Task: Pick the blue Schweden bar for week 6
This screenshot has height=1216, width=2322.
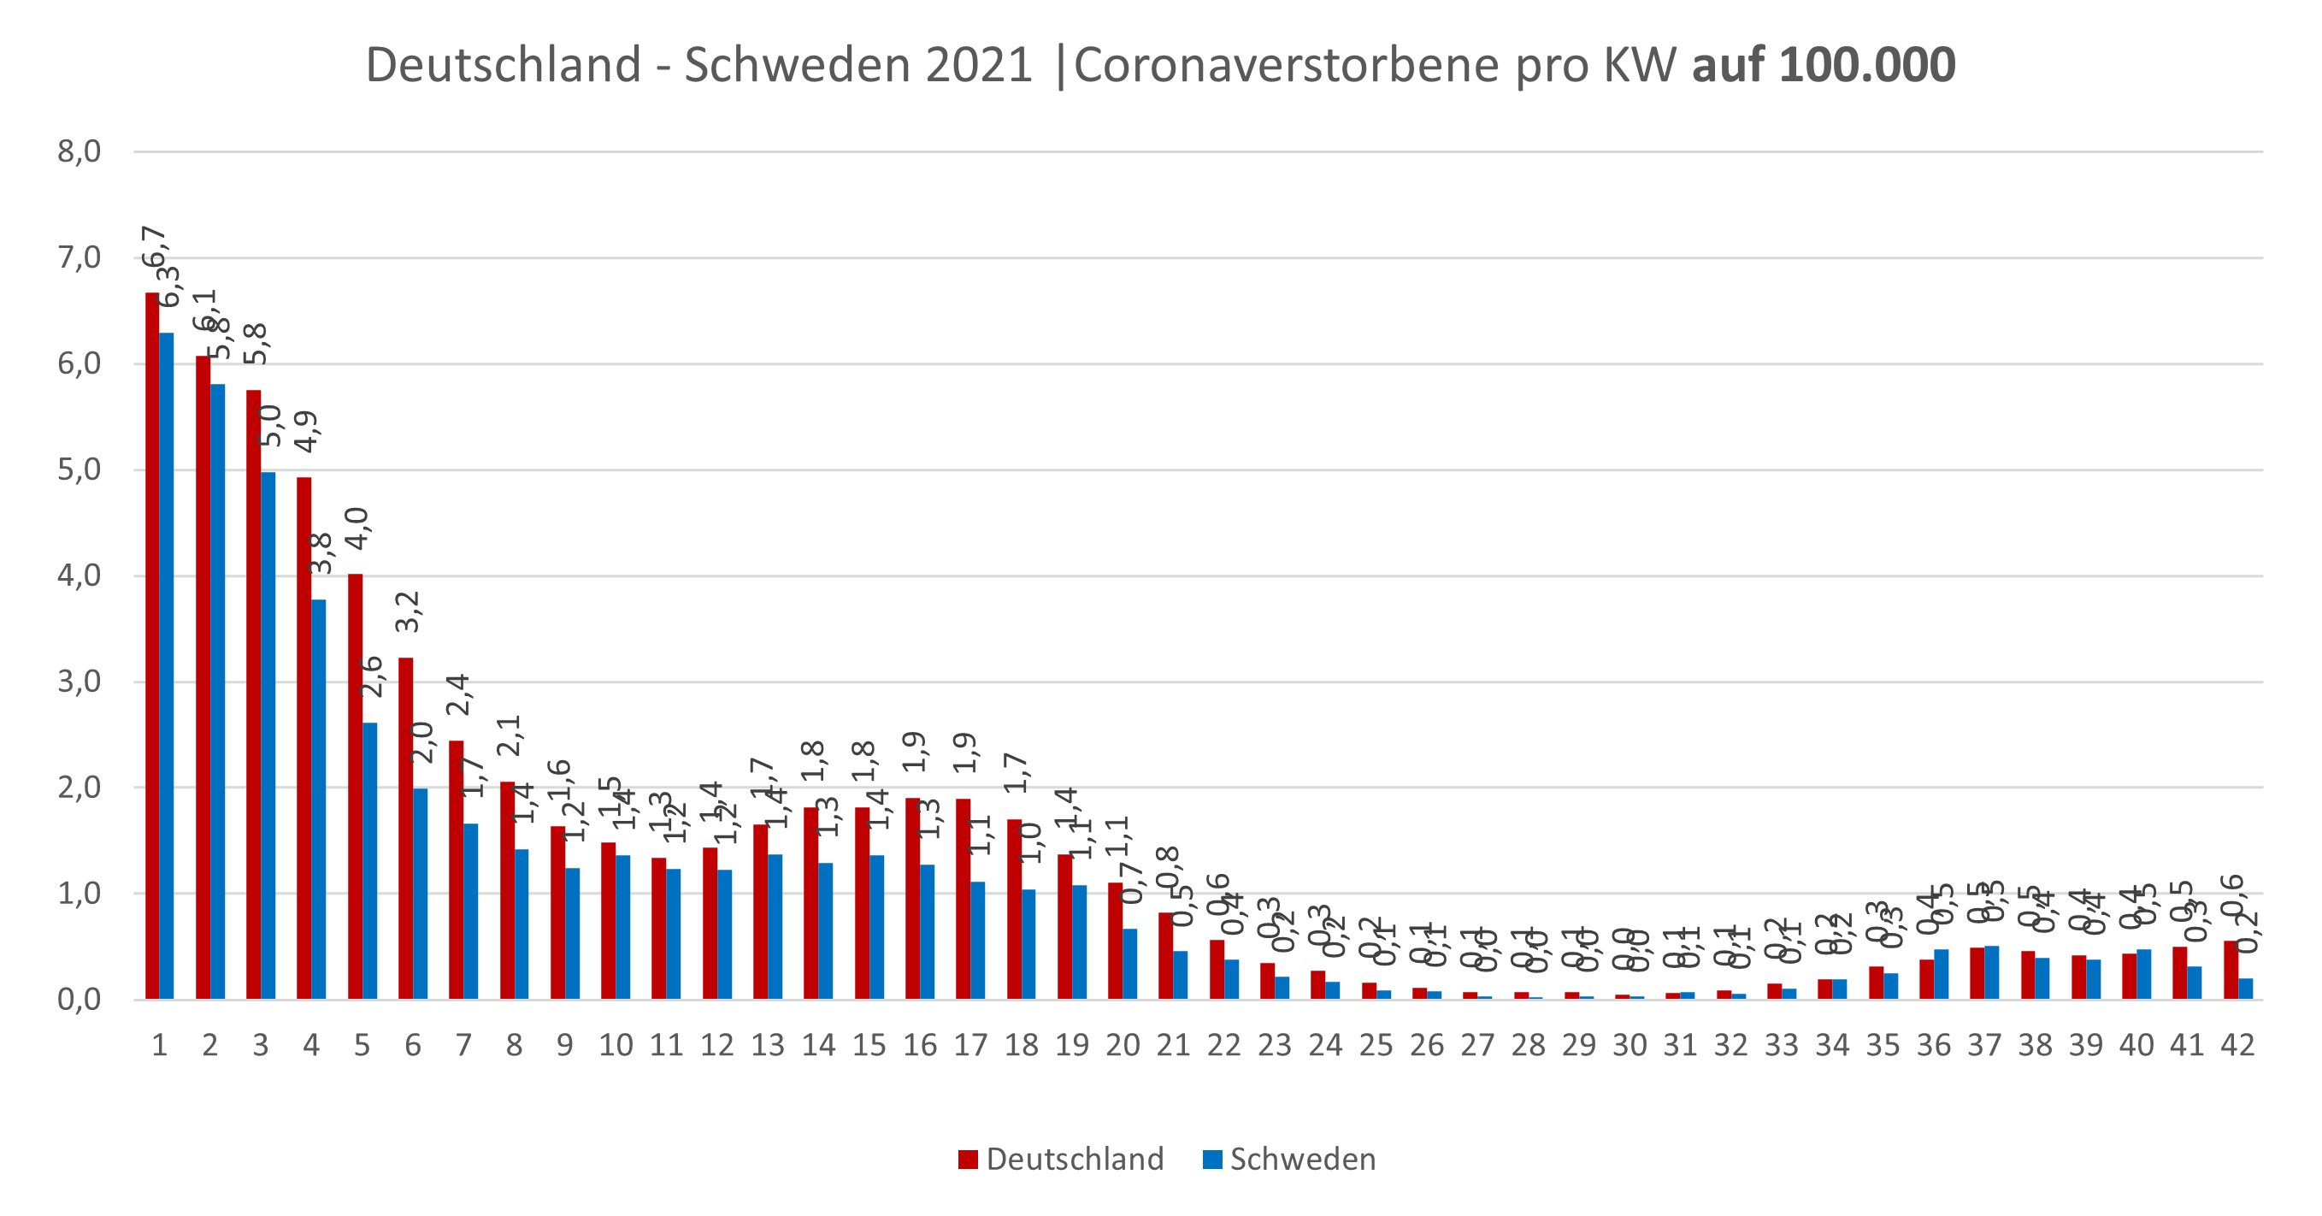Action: [x=420, y=894]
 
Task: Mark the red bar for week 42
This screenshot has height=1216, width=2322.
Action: [x=2230, y=970]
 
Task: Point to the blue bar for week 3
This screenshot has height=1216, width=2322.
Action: [x=268, y=735]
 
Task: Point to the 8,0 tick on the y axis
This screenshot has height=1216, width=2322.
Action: [x=80, y=151]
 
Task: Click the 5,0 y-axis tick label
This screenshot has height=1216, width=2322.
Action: [x=80, y=469]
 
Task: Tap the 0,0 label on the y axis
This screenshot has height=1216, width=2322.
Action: [x=80, y=999]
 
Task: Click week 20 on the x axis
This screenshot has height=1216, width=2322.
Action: [x=1123, y=1046]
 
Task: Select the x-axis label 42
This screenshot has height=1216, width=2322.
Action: [x=2237, y=1046]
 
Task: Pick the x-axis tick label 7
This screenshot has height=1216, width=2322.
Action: [x=463, y=1046]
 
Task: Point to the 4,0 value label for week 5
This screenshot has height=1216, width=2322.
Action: [x=358, y=528]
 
